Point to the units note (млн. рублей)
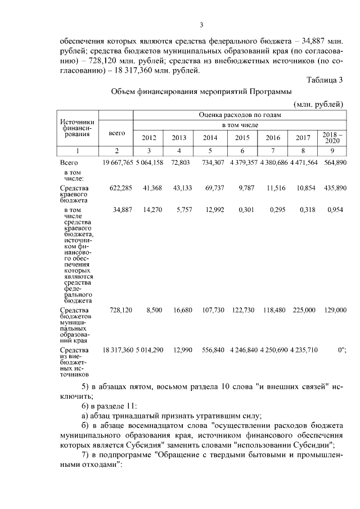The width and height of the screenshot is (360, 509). coord(318,105)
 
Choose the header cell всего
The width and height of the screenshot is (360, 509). coord(116,133)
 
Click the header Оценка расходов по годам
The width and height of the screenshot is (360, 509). coord(239,114)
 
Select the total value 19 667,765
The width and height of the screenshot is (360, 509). coord(117,163)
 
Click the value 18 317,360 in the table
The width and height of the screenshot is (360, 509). coord(117,350)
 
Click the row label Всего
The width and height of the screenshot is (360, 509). coord(68,163)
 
